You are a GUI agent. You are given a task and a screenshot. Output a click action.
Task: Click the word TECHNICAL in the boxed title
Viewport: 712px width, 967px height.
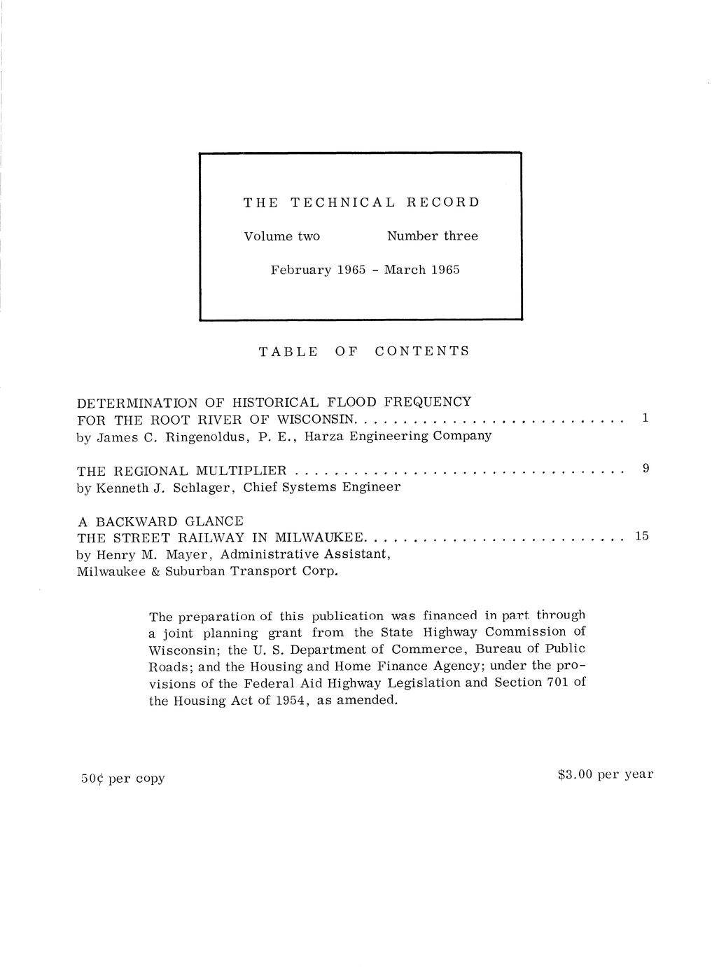342,203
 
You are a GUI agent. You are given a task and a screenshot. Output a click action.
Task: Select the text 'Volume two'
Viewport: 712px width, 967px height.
281,236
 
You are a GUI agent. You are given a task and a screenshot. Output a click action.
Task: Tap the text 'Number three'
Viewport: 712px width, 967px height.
433,236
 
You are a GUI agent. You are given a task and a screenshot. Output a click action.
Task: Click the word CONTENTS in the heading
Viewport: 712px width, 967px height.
421,351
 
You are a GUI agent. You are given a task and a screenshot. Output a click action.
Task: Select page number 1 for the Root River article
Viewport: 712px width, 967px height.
645,418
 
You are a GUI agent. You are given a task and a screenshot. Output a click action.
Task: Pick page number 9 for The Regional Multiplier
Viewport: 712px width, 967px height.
646,467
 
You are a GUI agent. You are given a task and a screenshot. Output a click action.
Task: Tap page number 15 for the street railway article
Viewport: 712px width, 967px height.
642,536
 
